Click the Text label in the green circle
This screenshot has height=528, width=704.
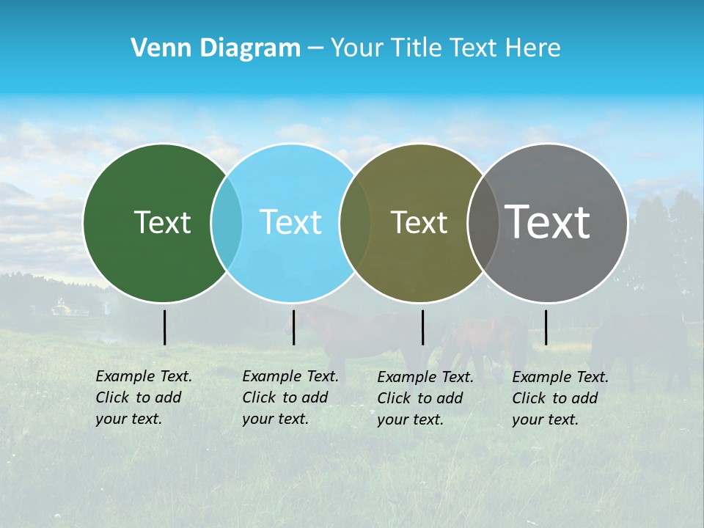(162, 222)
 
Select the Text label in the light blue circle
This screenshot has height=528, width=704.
(290, 222)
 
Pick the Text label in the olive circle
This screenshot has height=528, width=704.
(419, 222)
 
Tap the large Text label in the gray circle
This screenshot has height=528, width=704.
(547, 221)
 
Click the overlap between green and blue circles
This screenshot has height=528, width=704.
(227, 223)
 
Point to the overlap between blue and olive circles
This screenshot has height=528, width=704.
(355, 223)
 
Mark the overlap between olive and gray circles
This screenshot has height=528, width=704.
(483, 223)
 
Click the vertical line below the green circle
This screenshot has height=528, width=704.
(164, 327)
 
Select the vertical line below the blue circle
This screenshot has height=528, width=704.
(293, 327)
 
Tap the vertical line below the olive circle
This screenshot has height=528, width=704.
(422, 327)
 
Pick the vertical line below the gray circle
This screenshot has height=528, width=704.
(546, 327)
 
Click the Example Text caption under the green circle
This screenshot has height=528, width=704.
(144, 397)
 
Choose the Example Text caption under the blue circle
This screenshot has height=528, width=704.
(290, 397)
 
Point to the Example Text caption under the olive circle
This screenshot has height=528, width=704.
(425, 398)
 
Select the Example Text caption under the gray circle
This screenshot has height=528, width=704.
(560, 398)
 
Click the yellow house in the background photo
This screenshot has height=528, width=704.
(62, 309)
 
